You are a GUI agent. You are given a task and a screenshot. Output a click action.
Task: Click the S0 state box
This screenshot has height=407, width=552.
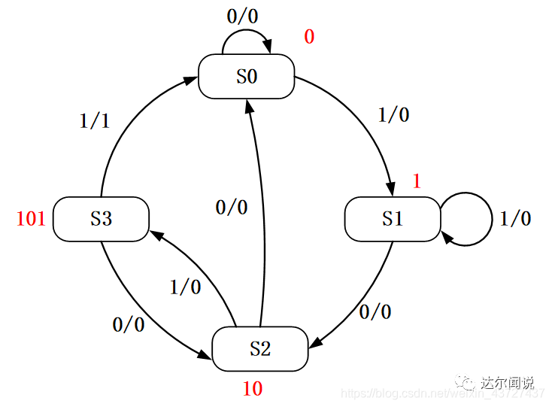coord(246,76)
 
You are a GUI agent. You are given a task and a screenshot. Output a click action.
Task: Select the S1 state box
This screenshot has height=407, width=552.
coord(392,219)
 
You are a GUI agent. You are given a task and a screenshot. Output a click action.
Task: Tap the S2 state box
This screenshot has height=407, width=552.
coord(260,348)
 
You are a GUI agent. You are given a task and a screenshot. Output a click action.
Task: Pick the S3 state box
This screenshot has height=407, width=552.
coord(101,219)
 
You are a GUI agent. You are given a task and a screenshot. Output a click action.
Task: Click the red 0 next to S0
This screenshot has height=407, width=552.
coord(309,37)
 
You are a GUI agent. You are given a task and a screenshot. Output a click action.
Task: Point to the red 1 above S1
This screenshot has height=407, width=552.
coord(416,181)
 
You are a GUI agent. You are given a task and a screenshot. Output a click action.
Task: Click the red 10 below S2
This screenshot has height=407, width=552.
coord(253,388)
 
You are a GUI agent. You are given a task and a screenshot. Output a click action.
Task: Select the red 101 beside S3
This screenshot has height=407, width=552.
coord(32,219)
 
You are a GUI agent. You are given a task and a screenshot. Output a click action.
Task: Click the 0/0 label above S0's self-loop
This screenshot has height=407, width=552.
coord(242,16)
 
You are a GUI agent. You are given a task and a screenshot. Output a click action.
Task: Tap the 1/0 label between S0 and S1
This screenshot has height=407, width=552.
coord(393,115)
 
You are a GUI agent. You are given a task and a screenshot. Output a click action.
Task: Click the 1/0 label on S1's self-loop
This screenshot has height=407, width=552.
coord(515,219)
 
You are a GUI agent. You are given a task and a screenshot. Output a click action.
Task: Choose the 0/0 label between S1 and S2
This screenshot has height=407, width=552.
coord(375,311)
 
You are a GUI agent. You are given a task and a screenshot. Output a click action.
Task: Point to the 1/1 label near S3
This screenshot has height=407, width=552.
coord(95,120)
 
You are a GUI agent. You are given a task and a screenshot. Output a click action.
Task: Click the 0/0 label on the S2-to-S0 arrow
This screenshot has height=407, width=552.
coord(232,207)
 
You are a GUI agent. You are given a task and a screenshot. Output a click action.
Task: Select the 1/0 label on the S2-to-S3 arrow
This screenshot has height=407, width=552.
coord(185,287)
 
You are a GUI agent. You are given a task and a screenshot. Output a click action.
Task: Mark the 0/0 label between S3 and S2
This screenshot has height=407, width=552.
coord(128,325)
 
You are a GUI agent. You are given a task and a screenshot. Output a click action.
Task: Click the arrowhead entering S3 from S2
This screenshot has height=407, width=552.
coord(156,235)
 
